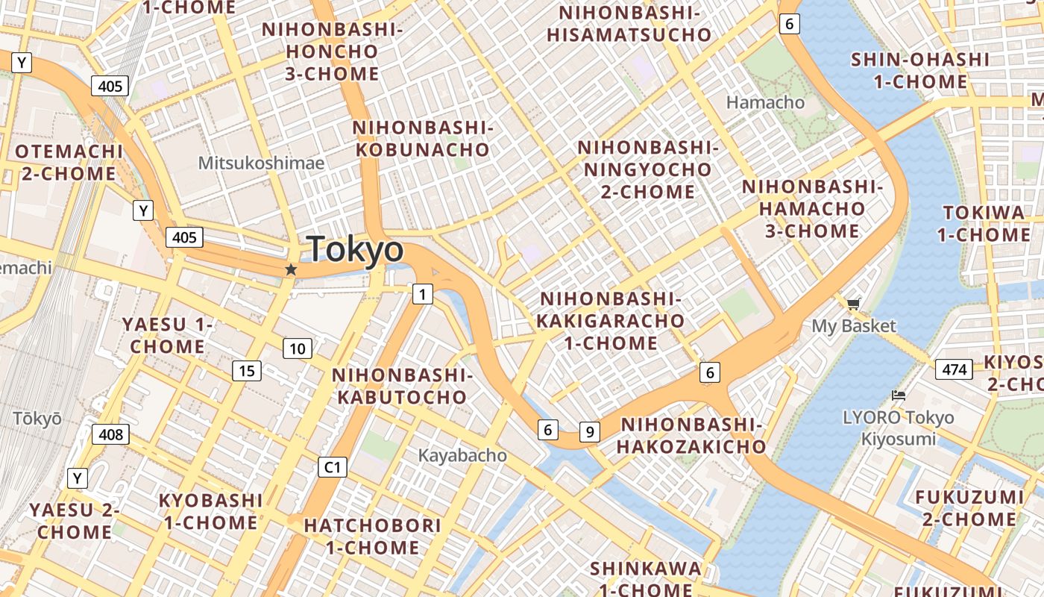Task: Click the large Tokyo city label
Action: pos(355,249)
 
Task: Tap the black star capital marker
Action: pos(291,269)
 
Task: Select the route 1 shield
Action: pos(423,295)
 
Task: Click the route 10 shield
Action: pos(298,348)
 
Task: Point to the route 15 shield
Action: pos(247,370)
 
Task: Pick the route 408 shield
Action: pos(110,434)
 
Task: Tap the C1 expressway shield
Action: pos(333,467)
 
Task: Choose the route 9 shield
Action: pos(590,431)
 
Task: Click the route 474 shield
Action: pos(955,369)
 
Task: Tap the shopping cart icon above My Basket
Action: pos(853,303)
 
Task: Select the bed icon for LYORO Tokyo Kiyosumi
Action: pos(899,396)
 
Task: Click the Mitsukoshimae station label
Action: pos(261,163)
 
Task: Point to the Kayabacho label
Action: pos(462,455)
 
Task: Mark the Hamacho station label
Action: pos(766,102)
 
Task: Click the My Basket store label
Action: pos(854,326)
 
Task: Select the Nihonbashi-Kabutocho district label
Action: pos(402,386)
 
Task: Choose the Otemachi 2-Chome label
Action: pos(68,163)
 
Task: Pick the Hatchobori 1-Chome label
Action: pos(372,537)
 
